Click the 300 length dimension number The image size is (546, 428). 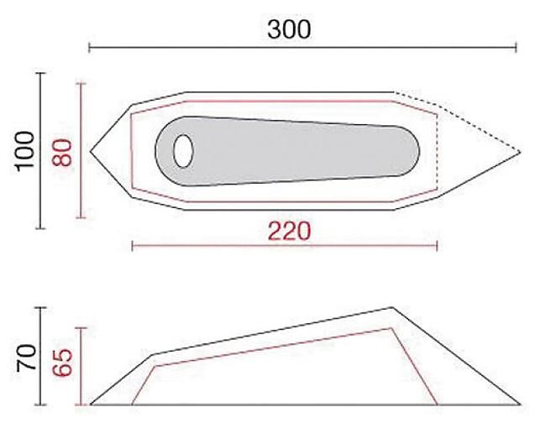289,29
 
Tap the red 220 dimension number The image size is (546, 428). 289,231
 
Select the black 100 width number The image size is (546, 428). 26,151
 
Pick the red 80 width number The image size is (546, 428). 62,153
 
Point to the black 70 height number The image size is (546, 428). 27,358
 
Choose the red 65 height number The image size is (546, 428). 63,363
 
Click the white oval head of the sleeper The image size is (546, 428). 183,151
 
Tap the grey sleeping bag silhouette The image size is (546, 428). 287,151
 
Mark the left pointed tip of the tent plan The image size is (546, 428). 91,151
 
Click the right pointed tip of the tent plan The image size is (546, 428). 520,152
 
